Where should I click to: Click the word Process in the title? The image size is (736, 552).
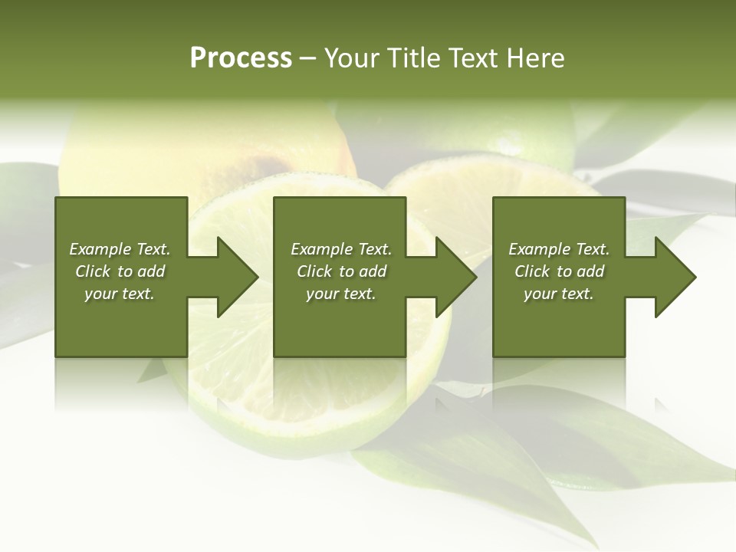[x=241, y=58]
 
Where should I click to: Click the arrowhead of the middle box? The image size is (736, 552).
[x=455, y=277]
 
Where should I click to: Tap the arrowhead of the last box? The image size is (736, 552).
[x=675, y=277]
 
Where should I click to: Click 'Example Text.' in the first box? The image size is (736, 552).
[x=120, y=249]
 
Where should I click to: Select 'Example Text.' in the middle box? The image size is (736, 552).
[x=341, y=249]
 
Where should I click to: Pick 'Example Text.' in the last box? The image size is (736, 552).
[x=559, y=249]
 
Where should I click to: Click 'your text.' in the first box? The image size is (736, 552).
[x=120, y=294]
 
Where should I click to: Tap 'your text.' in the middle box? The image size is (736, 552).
[x=341, y=294]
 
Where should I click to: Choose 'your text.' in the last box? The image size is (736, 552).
[x=559, y=294]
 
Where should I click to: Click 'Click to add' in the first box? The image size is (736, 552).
[x=120, y=271]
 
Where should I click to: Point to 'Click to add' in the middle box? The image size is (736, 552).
[x=341, y=271]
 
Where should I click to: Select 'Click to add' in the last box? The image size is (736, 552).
[x=559, y=271]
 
